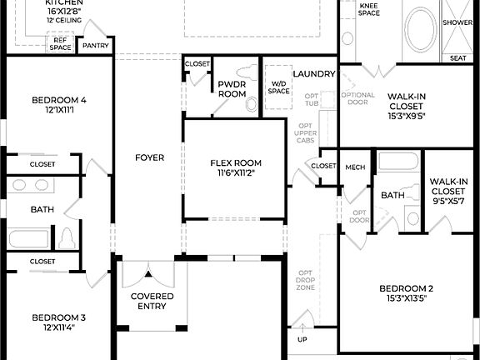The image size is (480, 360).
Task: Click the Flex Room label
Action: pos(235,162)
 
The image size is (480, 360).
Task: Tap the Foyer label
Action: pos(150,157)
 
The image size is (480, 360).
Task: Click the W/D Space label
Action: pos(279,87)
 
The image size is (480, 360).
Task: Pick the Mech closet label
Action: pos(355,167)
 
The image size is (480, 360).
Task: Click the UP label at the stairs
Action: pos(302,340)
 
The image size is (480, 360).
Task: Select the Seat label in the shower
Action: pos(457,57)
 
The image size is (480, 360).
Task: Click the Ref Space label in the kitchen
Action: pos(61,43)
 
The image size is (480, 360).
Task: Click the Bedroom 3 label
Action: pos(58,322)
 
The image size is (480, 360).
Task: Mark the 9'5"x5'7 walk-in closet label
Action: pos(448,191)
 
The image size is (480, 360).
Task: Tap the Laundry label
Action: pos(314,74)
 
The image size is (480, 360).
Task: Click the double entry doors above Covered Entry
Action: pos(148,272)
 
